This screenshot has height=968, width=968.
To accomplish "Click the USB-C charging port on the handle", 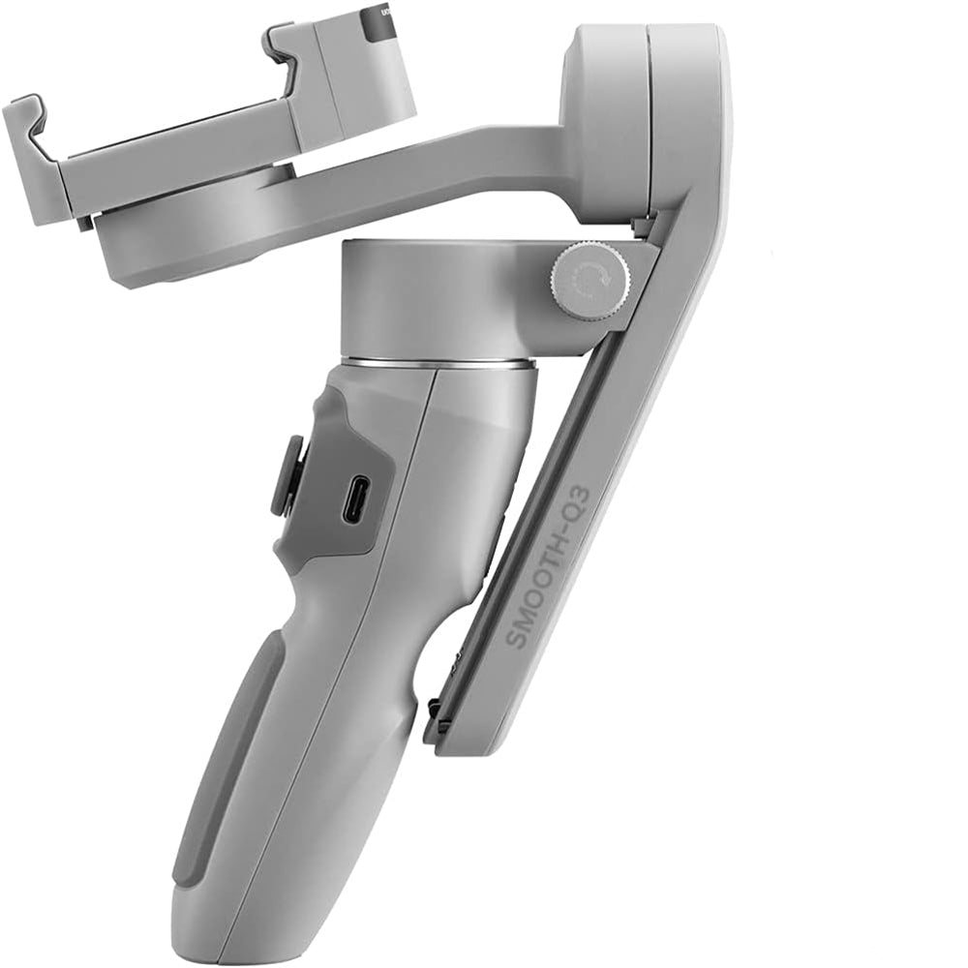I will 355,499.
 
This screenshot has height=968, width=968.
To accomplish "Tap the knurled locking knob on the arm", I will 590,282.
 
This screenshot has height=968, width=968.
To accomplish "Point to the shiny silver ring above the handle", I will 437,363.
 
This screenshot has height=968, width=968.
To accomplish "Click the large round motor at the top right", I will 639,116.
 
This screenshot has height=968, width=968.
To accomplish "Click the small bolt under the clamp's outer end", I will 85,223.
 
